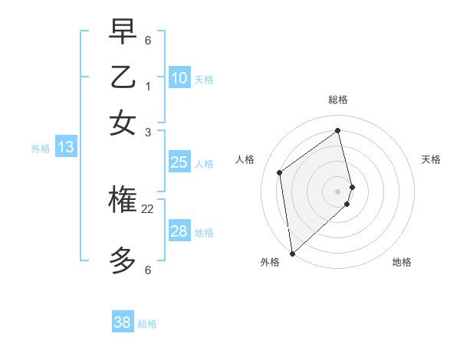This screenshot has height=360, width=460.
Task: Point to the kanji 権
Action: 123,201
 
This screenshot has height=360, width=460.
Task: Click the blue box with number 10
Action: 179,77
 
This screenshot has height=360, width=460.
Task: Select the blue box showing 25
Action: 179,162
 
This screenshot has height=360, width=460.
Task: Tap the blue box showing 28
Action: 179,231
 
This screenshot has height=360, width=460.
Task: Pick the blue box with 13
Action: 65,147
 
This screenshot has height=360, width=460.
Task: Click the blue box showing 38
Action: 123,322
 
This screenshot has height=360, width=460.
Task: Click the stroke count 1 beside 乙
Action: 148,87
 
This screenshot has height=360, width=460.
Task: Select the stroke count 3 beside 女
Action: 148,133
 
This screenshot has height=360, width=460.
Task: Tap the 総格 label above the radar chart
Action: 338,100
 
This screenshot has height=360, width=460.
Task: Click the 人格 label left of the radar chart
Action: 245,159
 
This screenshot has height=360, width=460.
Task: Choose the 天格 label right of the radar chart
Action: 431,159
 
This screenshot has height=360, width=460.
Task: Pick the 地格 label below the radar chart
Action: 402,263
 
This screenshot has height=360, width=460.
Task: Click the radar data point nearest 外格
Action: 292,253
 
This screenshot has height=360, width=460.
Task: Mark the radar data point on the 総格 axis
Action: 338,130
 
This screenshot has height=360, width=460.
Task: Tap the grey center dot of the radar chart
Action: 338,191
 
